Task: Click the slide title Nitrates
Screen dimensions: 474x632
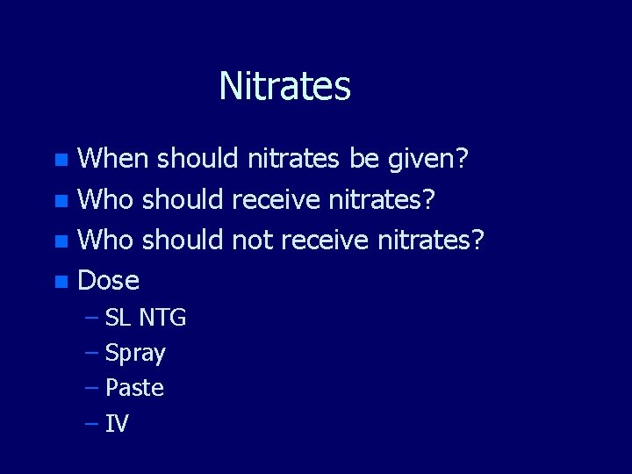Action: (x=284, y=86)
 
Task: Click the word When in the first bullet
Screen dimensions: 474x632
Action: (x=114, y=159)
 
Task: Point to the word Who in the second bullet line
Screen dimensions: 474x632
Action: (x=105, y=199)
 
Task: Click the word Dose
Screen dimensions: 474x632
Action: (x=109, y=281)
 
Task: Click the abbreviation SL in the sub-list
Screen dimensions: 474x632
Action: (x=118, y=318)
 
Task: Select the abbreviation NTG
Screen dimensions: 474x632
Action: (x=162, y=318)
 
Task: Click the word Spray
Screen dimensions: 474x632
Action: (x=135, y=354)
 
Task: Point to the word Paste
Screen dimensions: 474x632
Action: (x=134, y=388)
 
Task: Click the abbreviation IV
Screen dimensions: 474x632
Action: (x=117, y=425)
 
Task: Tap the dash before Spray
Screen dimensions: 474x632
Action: (x=92, y=353)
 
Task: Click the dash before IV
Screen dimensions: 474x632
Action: (x=92, y=425)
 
